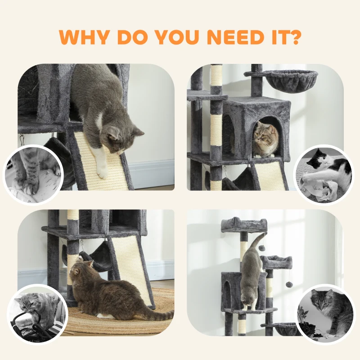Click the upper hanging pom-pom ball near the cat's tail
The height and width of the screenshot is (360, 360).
point(261,247)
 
